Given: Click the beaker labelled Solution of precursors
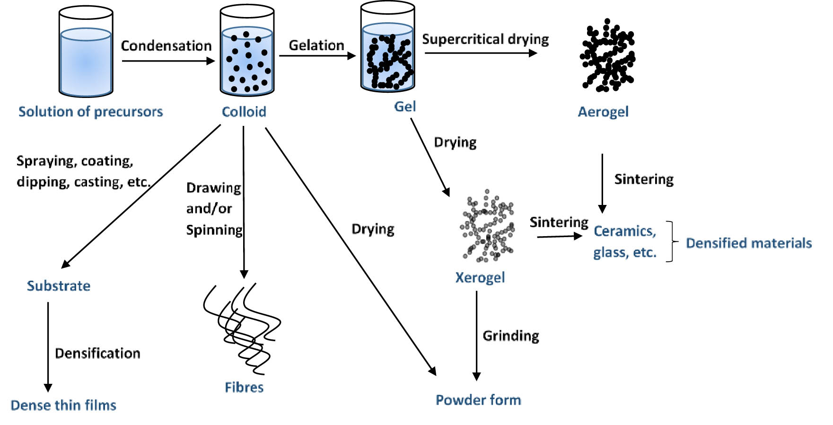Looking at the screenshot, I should coord(86,52).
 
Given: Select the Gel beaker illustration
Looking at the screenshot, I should coord(387,47).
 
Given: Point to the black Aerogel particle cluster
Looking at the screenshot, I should coord(607,56).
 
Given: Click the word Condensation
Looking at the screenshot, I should coord(166,45).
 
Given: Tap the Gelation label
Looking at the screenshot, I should coord(316,45).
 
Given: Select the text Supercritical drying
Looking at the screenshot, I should coord(485,39).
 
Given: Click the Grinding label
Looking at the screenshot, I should coord(511,336).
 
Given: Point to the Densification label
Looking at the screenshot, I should coord(97,353).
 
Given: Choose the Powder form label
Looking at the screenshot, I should coord(478,400).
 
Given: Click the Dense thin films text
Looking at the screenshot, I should coord(63,405).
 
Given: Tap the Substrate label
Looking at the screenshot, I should coord(59,286).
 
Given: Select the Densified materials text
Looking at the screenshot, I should coord(749,243).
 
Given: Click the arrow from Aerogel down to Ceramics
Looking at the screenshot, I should coord(602,182).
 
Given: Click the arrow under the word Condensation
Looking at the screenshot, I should coord(168,61).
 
